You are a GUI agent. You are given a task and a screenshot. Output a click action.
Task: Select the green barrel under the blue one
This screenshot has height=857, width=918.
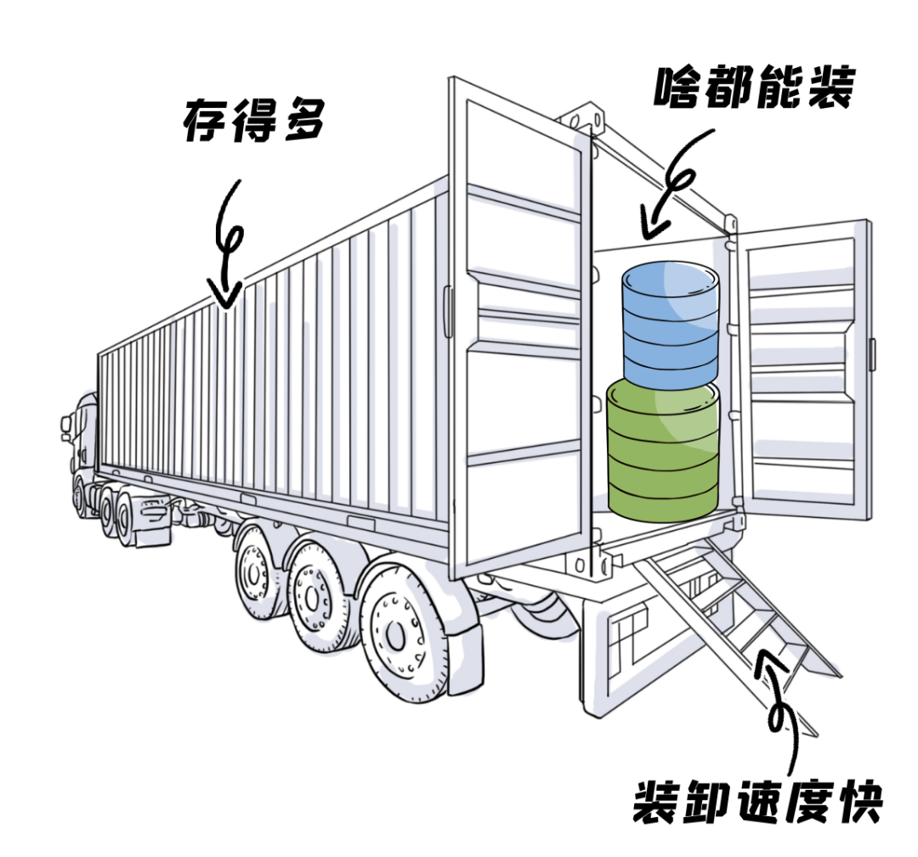click(663, 450)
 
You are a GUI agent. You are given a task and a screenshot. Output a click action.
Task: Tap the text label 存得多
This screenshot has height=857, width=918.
click(253, 121)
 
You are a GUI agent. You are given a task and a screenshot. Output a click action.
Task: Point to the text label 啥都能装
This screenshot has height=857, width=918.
click(755, 87)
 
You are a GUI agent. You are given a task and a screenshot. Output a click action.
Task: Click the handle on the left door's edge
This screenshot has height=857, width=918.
click(449, 312)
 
